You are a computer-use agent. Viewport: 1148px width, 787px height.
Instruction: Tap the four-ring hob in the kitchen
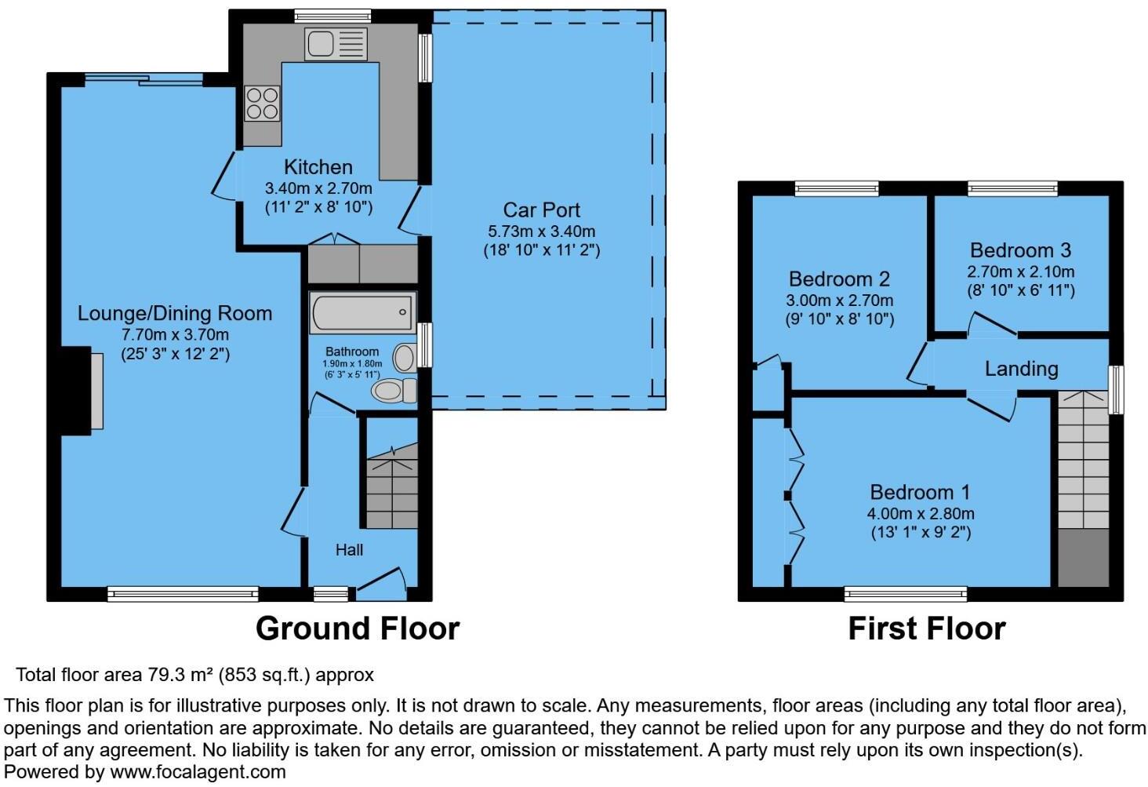(262, 104)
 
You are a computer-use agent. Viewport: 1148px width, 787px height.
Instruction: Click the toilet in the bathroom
(395, 389)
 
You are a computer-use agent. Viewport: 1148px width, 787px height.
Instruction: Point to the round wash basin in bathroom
(404, 358)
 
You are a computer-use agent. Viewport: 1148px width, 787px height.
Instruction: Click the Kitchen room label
(318, 167)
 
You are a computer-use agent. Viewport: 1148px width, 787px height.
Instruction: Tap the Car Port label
(541, 210)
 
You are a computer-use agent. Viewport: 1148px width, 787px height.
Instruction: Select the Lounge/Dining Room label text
(175, 314)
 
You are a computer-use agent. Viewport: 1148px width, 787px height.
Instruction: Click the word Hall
(349, 550)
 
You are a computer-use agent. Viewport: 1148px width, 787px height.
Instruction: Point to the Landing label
(1021, 369)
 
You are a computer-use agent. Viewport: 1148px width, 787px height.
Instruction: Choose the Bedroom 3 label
(1020, 250)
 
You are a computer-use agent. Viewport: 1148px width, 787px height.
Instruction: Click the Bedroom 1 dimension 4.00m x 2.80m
(921, 514)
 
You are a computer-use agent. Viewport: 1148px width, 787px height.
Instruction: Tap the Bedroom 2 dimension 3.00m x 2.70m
(839, 301)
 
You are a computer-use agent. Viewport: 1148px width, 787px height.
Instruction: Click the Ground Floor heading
(358, 629)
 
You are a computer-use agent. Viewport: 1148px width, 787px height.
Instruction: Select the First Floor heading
(926, 629)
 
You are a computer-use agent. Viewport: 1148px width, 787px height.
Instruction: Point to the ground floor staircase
(392, 490)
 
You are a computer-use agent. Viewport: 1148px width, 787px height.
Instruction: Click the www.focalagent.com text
(198, 772)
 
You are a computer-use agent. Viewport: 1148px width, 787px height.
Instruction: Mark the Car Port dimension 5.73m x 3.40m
(541, 232)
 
